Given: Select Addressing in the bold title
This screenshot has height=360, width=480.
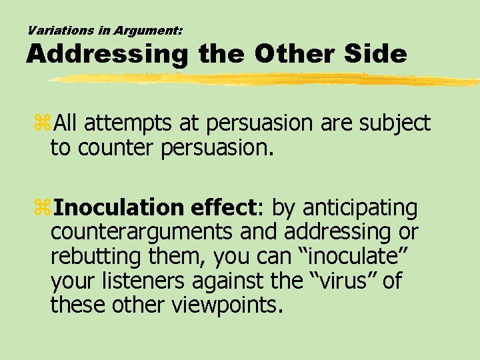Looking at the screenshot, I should [107, 54].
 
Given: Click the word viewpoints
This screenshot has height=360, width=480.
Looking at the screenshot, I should [227, 305].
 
